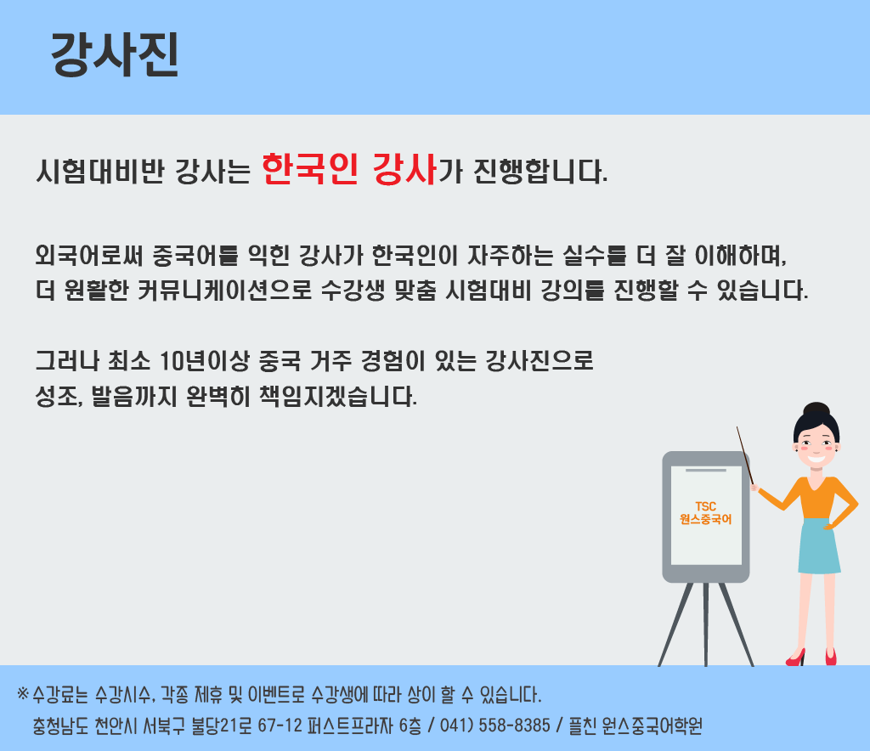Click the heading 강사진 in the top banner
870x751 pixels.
tap(115, 54)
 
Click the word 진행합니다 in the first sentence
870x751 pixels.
tap(540, 171)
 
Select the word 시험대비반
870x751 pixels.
tap(100, 171)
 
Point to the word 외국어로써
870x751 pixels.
tap(89, 255)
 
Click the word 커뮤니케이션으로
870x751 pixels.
tap(224, 290)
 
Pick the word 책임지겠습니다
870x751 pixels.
tap(338, 396)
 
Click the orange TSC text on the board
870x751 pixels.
tap(705, 506)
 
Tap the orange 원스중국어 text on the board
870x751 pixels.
tap(705, 519)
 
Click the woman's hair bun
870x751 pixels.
tap(816, 409)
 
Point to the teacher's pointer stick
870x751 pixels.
tap(745, 456)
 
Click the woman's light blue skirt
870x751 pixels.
tap(819, 545)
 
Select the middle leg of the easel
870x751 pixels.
tap(705, 624)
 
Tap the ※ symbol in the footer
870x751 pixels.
tap(23, 693)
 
